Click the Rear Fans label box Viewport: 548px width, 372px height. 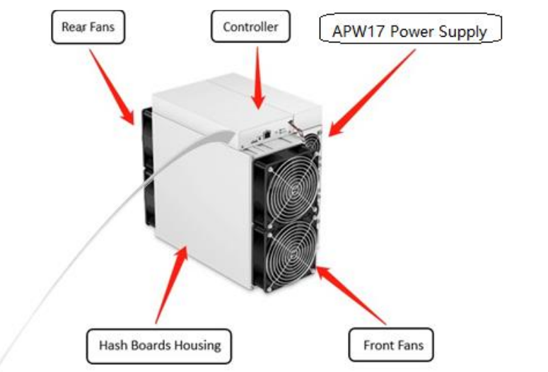[x=88, y=27]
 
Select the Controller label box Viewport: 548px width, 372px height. [x=250, y=26]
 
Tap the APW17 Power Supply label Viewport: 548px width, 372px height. [x=411, y=29]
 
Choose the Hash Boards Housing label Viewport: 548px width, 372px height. [x=159, y=346]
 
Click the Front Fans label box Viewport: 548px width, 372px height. [x=391, y=345]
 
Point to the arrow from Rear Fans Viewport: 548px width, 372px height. [x=112, y=87]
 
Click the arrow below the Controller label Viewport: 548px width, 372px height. [x=258, y=78]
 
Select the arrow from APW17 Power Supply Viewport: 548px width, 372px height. [x=372, y=93]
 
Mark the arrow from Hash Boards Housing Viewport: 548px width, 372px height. [x=171, y=284]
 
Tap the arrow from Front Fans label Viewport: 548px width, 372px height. [x=351, y=296]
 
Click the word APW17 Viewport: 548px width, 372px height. [x=359, y=31]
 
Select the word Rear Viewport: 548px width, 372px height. [x=71, y=27]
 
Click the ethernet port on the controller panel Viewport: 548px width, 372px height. [x=267, y=134]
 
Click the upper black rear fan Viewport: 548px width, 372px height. [x=148, y=139]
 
